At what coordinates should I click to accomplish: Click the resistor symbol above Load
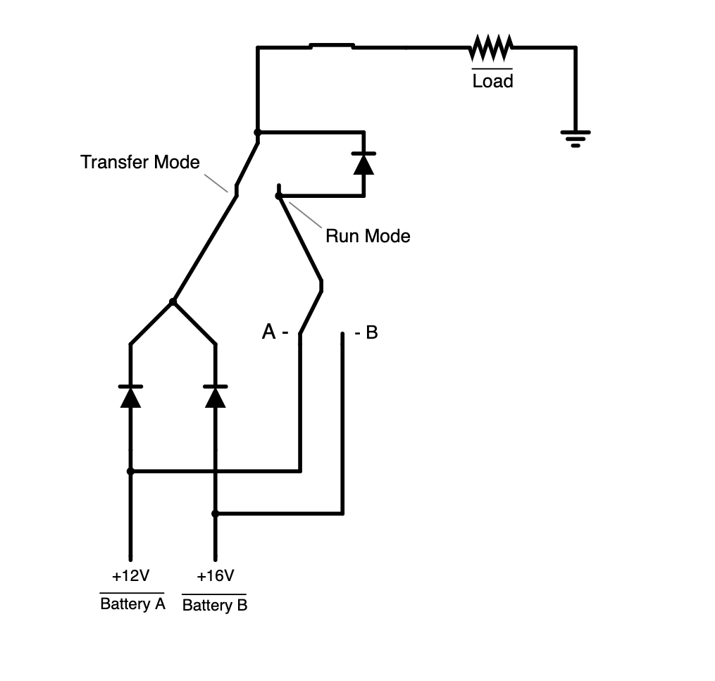(x=491, y=48)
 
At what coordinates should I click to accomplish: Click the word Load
(x=492, y=82)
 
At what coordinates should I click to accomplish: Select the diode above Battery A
(x=130, y=396)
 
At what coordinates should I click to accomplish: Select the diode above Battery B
(x=215, y=396)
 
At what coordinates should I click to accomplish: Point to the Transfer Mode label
(x=140, y=162)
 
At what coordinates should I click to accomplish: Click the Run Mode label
(x=367, y=236)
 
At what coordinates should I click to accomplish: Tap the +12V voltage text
(x=130, y=576)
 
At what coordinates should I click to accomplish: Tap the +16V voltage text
(x=215, y=576)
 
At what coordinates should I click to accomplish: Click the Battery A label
(x=132, y=604)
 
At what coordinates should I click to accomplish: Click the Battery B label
(x=215, y=606)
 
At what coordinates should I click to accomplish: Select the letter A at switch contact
(x=268, y=332)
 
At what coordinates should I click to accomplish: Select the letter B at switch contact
(x=371, y=332)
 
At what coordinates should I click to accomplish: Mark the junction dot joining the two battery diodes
(x=173, y=301)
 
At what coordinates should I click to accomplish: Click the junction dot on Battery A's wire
(x=130, y=471)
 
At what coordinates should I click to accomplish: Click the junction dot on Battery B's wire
(x=216, y=513)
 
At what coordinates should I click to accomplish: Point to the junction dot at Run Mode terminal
(x=279, y=195)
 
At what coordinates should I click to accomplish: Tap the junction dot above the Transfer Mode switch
(x=258, y=132)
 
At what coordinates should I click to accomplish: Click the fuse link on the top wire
(x=332, y=46)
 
